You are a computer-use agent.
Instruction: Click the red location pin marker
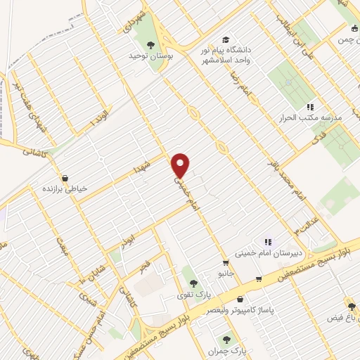pyautogui.click(x=181, y=165)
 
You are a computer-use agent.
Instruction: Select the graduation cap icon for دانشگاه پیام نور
pyautogui.click(x=225, y=39)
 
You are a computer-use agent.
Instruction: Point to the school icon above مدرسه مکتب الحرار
pyautogui.click(x=309, y=108)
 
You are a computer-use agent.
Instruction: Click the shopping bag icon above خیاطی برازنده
pyautogui.click(x=65, y=178)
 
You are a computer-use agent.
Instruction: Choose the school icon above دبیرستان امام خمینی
pyautogui.click(x=267, y=243)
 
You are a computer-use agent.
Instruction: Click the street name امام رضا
pyautogui.click(x=235, y=88)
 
